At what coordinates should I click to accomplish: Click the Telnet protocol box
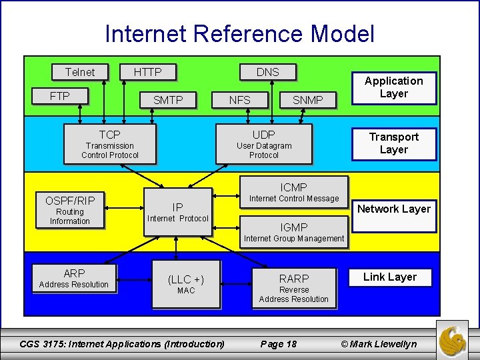coord(80,72)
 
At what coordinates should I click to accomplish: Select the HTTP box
coord(147,72)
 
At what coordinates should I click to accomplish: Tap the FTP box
coord(60,96)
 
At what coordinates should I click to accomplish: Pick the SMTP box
coord(168,100)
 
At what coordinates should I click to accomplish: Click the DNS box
coord(267,72)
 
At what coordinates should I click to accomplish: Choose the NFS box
coord(239,100)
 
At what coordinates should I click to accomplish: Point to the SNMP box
coord(307,100)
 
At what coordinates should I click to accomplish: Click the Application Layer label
coord(393,87)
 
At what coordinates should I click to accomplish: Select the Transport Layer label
coord(393,143)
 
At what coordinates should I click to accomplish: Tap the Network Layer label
coord(393,209)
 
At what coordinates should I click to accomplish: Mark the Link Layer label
coord(389,277)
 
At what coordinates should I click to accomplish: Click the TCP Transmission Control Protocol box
coord(110,145)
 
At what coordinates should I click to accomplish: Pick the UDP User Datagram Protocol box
coord(264,145)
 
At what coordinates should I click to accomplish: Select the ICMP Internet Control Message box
coord(294,192)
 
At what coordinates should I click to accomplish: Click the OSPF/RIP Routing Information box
coord(70,210)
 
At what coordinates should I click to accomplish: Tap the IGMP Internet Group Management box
coord(294,233)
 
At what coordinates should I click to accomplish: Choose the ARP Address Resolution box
coord(74,278)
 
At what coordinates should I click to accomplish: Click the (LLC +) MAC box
coord(186,284)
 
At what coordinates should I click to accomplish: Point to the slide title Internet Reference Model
coord(240,33)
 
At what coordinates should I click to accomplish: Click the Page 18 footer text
coord(278,344)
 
